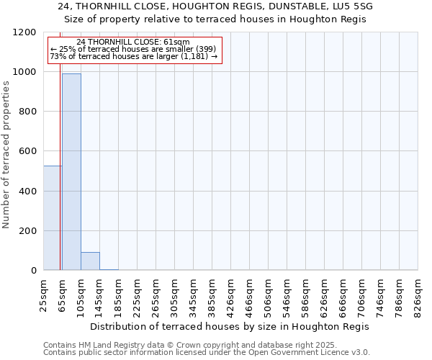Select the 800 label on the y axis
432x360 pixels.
pos(30,112)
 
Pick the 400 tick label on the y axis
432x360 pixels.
pos(30,191)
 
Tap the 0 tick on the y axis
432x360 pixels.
pos(35,271)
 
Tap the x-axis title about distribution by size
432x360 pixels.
pos(230,326)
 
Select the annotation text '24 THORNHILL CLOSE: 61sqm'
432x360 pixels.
pos(132,42)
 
